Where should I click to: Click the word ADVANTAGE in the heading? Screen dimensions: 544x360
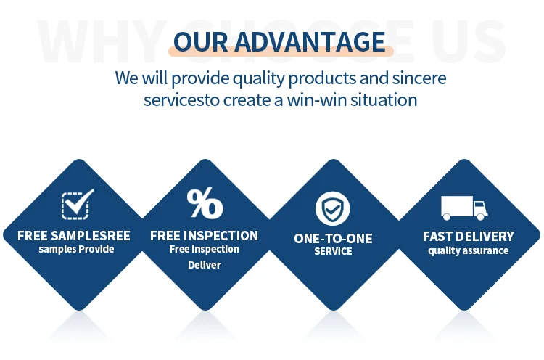(310, 42)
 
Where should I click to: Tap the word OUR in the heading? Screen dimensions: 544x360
(201, 42)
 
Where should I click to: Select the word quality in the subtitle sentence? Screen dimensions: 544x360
(259, 79)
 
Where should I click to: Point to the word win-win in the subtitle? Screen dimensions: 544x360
(317, 100)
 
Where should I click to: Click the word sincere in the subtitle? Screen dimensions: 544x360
(419, 78)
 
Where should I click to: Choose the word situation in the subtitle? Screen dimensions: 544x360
(384, 100)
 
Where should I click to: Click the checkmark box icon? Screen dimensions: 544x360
(77, 204)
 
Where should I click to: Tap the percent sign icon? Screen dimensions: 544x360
(205, 203)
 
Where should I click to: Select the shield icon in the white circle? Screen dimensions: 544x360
(332, 208)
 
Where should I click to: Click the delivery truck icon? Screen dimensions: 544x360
(464, 208)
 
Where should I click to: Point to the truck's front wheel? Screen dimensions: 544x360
(480, 216)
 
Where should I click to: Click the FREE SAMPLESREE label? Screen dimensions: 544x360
(74, 236)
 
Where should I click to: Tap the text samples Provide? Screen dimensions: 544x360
(76, 249)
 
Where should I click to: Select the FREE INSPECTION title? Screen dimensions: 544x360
(204, 236)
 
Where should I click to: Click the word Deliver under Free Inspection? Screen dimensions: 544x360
(205, 265)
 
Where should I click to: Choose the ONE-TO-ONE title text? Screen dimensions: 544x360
(333, 239)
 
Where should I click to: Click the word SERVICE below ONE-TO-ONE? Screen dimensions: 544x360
(333, 251)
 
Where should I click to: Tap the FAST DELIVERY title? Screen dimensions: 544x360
(468, 237)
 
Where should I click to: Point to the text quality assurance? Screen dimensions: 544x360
(468, 250)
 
